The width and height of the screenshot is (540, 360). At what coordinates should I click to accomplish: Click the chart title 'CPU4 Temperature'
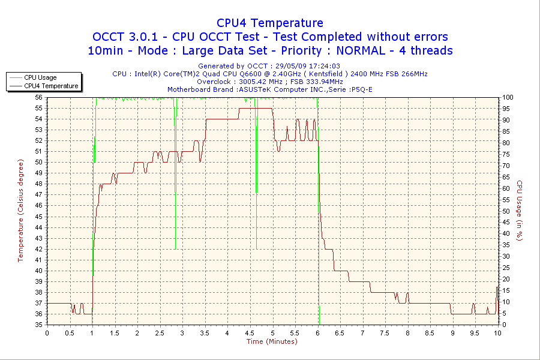pos(270,23)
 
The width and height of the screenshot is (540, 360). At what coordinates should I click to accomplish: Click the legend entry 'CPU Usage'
pos(40,77)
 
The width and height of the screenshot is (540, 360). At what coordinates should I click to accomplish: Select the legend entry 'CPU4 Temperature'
pos(51,86)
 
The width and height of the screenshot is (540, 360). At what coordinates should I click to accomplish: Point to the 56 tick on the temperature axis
pos(39,97)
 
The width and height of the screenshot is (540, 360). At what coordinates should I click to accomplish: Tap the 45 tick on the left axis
pos(39,217)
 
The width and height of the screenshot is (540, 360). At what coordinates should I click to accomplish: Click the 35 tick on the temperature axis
pos(39,325)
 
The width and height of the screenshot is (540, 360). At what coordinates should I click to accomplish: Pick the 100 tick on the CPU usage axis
pos(506,97)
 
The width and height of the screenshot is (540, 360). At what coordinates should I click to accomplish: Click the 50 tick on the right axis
pos(505,211)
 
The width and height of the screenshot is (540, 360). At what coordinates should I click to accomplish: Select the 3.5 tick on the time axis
pos(205,333)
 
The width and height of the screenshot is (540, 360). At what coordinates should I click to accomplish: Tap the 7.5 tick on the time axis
pos(385,333)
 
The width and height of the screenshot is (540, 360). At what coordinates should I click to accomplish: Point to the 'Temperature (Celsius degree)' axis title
pos(20,211)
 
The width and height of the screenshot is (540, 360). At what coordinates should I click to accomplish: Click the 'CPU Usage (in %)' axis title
pos(520,211)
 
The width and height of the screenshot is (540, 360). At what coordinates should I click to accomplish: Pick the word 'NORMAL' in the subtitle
pos(351,50)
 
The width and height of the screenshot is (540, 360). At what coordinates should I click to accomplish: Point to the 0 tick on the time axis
pos(47,333)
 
